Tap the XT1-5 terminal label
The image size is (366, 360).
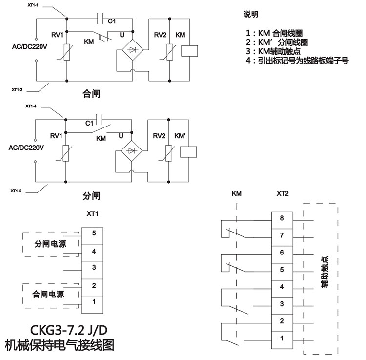(16, 190)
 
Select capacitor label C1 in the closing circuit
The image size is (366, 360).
(112, 21)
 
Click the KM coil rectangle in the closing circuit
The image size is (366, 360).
(189, 50)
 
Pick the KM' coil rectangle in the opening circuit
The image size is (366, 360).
(188, 151)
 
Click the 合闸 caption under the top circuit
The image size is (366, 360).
(91, 93)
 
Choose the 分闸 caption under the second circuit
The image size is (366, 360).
(91, 196)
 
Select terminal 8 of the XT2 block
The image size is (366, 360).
(282, 218)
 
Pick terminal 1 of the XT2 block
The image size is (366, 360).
(282, 338)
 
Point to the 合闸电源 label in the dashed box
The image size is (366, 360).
(48, 295)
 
